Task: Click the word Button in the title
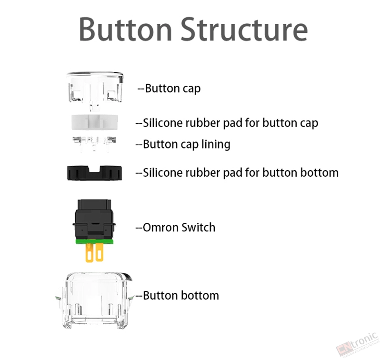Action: (x=125, y=29)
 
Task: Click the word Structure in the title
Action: (x=244, y=29)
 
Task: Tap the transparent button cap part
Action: (x=95, y=90)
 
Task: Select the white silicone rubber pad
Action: (x=94, y=122)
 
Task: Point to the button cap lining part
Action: (x=94, y=143)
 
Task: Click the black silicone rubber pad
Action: (x=94, y=173)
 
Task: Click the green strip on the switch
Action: (x=94, y=241)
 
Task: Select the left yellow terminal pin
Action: (x=90, y=253)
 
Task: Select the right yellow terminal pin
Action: (x=100, y=252)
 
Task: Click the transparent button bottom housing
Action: (x=94, y=301)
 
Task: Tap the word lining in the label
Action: (x=216, y=145)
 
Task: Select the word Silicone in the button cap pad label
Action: (x=163, y=123)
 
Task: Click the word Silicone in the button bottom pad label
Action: (x=163, y=173)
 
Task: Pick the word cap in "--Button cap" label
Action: (x=191, y=89)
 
